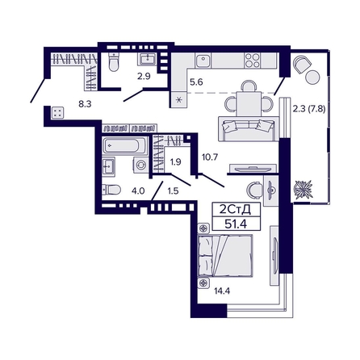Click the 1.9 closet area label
(x=174, y=162)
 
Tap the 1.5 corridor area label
(x=172, y=191)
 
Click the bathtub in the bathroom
(x=125, y=147)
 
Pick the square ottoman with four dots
(x=57, y=114)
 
